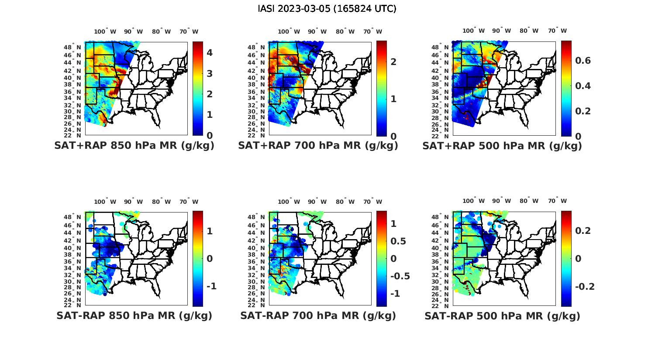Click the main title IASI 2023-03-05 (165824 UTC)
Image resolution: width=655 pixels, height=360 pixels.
tap(327, 9)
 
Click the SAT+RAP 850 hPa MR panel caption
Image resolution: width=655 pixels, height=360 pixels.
tap(134, 146)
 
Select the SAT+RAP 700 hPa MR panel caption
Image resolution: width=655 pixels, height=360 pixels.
tap(318, 146)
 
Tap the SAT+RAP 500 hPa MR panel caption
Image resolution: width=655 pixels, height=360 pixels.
tap(502, 146)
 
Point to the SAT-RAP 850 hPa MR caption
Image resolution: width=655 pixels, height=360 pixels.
tap(134, 315)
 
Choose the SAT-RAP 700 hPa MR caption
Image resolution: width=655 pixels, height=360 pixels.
tap(318, 315)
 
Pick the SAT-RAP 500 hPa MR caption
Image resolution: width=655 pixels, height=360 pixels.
tap(502, 315)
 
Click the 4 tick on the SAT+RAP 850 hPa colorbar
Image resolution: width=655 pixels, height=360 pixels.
tap(210, 53)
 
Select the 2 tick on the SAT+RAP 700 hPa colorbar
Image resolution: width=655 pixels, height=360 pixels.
tap(393, 62)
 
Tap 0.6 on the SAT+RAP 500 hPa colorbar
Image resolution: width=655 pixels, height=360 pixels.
tap(583, 60)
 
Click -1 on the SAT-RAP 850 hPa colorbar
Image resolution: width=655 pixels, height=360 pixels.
tap(211, 286)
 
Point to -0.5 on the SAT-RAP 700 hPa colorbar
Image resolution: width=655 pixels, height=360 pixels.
tap(400, 276)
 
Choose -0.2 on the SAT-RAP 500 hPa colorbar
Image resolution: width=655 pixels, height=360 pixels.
tap(585, 286)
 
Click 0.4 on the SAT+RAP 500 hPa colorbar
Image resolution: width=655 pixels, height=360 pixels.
tap(583, 86)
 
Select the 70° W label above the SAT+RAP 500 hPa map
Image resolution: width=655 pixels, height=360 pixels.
tap(557, 31)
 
